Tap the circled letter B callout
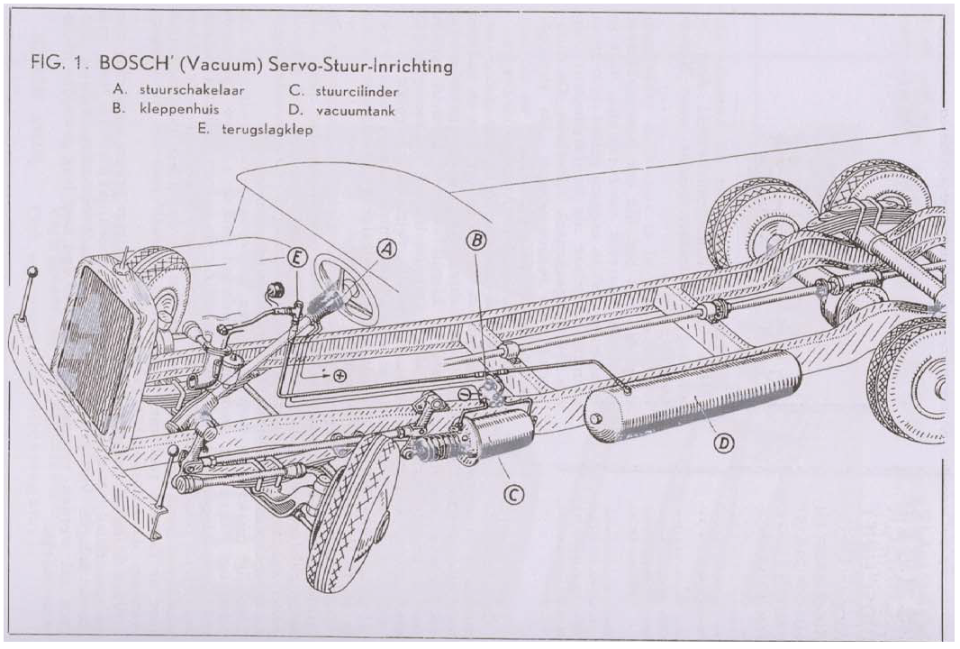[475, 239]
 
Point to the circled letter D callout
[721, 443]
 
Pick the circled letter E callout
[296, 257]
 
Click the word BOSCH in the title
[132, 66]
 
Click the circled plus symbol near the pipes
[340, 376]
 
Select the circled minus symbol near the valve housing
[465, 394]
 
